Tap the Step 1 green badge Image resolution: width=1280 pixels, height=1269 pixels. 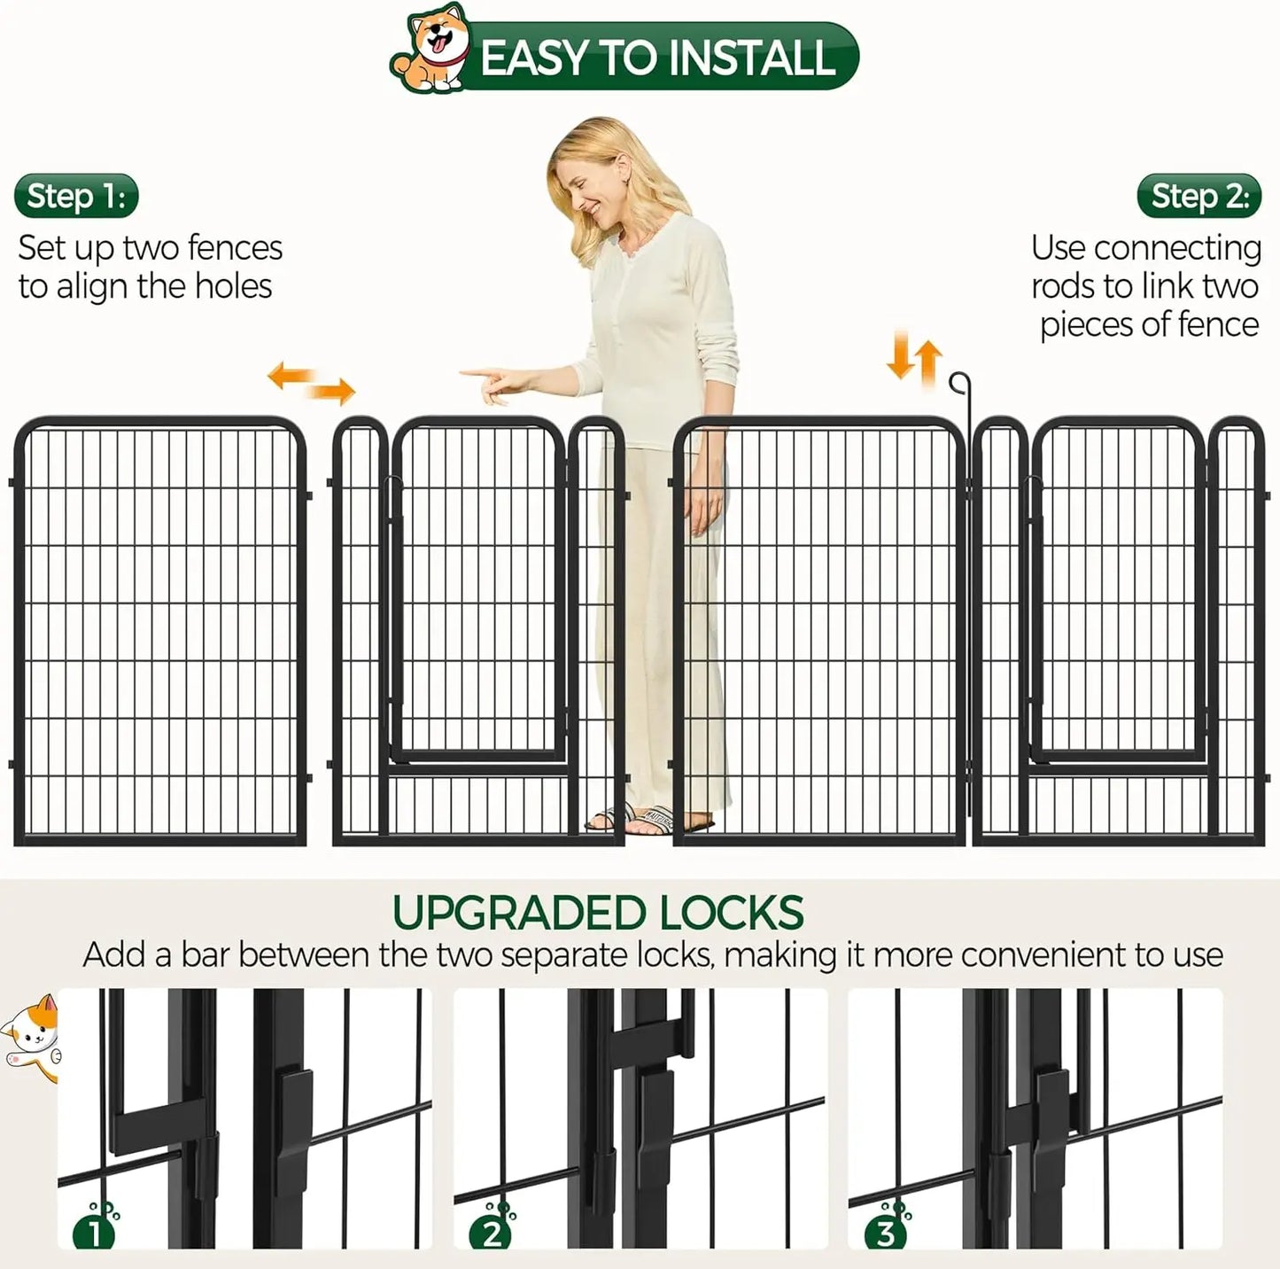[x=76, y=196]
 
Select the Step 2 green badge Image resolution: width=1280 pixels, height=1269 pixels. [x=1199, y=196]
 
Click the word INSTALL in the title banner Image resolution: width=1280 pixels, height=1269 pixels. [x=751, y=58]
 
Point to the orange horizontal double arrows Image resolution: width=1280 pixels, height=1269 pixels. [x=311, y=383]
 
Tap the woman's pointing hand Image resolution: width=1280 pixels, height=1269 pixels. [x=493, y=383]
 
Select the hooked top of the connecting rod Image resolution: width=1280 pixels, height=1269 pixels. [x=959, y=383]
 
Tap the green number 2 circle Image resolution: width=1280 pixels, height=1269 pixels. [x=492, y=1232]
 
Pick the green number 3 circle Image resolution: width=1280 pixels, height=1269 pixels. [x=886, y=1232]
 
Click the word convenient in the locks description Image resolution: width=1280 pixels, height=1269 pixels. [x=1043, y=955]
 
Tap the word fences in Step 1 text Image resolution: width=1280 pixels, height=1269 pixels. [x=234, y=249]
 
